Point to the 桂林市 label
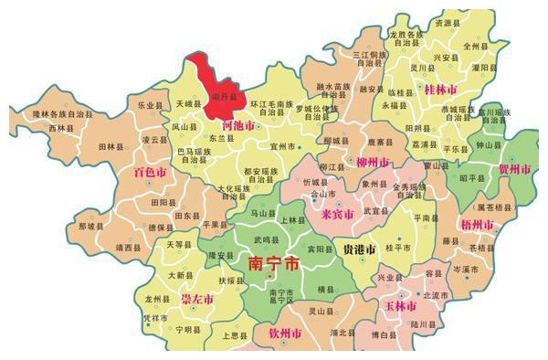pos(443,90)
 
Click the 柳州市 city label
pos(372,163)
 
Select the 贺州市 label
pos(515,170)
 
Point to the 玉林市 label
pos(399,305)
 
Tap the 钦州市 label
pos(284,336)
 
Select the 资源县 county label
pos(448,23)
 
